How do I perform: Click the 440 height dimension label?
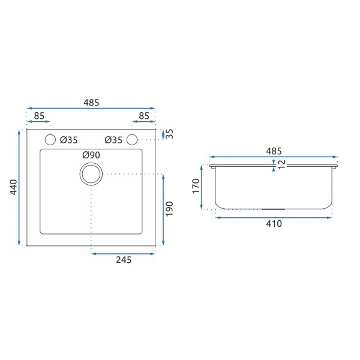(x=14, y=187)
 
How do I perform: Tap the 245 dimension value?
(x=124, y=260)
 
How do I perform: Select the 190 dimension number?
(x=169, y=209)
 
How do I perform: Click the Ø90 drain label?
(x=91, y=155)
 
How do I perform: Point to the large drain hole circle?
(x=91, y=163)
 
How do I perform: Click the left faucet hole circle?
(x=50, y=134)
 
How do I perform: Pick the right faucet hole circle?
(x=132, y=134)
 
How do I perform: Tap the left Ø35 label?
(x=69, y=140)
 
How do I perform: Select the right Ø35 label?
(x=113, y=140)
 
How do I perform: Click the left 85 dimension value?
(x=39, y=116)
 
